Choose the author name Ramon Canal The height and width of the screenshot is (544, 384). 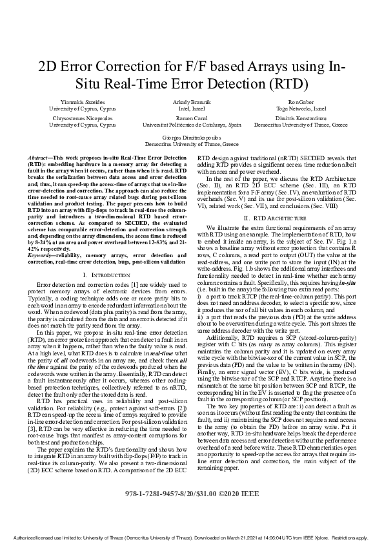tap(192, 119)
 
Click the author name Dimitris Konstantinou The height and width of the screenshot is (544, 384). tap(299, 119)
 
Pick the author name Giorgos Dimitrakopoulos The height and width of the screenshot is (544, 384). tap(192, 138)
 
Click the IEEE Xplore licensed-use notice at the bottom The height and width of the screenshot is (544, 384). tap(192, 538)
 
